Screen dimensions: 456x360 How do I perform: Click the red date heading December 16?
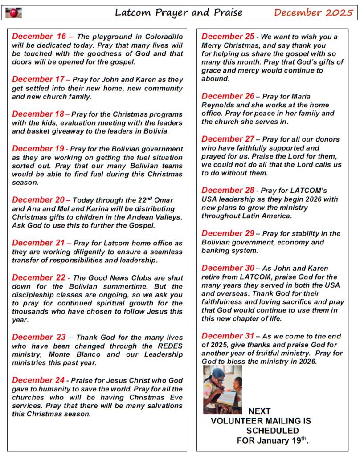click(39, 37)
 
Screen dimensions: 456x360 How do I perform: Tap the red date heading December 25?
click(228, 37)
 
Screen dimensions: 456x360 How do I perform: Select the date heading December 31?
click(228, 336)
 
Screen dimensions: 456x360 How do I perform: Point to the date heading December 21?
click(39, 243)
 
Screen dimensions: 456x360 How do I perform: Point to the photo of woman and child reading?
click(222, 390)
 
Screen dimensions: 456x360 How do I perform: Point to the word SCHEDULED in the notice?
click(272, 431)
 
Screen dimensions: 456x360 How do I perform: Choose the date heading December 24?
click(39, 380)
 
